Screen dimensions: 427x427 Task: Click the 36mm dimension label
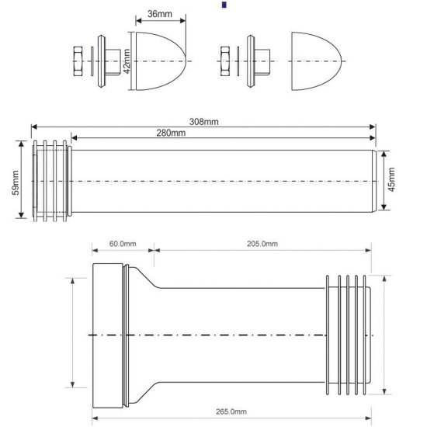149,14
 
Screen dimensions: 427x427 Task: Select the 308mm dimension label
203,122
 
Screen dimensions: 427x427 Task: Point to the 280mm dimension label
170,134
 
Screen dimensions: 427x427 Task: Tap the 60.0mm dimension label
122,244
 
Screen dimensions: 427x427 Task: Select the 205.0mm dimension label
263,244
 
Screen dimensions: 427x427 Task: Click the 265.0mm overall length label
231,411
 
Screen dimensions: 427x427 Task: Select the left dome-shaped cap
160,60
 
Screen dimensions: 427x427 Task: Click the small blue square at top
224,5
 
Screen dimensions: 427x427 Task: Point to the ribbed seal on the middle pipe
51,180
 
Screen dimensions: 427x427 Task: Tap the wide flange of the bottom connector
107,335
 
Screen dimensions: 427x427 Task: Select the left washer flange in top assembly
102,60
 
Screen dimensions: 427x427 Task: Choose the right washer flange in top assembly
251,60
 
